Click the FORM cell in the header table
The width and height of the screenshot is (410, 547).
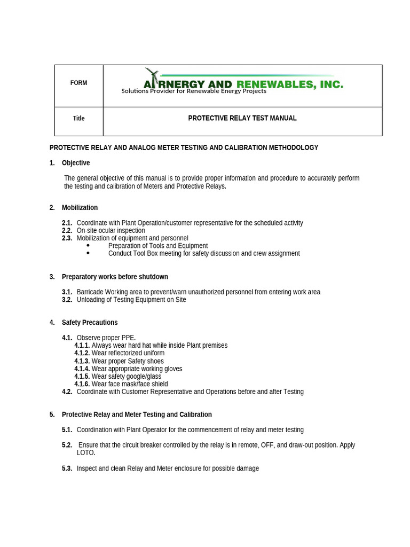pos(78,83)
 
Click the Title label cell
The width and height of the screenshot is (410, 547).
pos(78,119)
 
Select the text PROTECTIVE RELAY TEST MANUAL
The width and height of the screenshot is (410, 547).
pos(242,118)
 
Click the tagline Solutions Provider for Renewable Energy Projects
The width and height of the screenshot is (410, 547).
pos(193,91)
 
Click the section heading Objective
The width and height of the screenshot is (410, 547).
pos(76,163)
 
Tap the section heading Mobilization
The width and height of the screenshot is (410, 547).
pos(80,207)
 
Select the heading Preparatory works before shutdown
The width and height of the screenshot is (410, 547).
pos(115,277)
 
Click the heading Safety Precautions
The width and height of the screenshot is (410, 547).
pos(90,323)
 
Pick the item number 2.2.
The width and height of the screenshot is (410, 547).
pos(67,231)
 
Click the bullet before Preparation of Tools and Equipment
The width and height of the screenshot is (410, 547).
pos(88,246)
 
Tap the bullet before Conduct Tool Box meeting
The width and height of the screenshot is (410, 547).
pos(88,253)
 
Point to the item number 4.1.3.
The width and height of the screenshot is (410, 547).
pos(82,361)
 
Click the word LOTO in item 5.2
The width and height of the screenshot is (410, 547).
pos(86,452)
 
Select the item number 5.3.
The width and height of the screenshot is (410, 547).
pos(67,468)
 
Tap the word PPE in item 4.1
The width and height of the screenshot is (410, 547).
pos(128,338)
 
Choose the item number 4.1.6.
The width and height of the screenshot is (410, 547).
pos(82,384)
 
